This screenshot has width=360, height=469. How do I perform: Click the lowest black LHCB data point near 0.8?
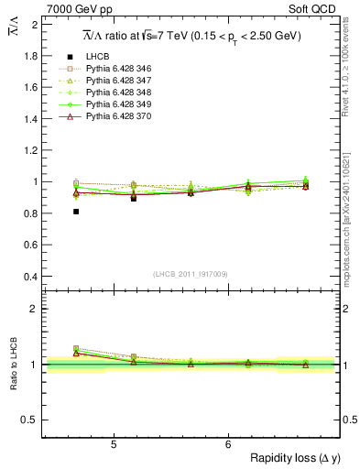pyautogui.click(x=76, y=212)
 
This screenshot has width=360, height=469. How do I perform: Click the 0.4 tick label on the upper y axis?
pyautogui.click(x=30, y=277)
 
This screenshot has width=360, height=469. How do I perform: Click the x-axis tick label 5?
pyautogui.click(x=113, y=445)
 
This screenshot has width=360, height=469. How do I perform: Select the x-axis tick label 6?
pyautogui.click(x=227, y=445)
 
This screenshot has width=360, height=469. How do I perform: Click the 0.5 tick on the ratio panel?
pyautogui.click(x=30, y=420)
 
